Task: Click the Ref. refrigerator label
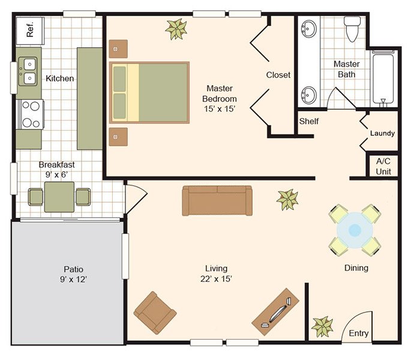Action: point(31,29)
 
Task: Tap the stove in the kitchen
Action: point(30,114)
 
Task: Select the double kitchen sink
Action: point(28,71)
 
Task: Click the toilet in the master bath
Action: point(352,29)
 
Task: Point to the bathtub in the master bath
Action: point(383,79)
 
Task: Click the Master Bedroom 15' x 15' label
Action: point(220,98)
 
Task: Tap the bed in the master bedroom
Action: point(149,92)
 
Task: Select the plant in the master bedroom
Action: point(176,29)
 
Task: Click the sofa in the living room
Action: point(217,200)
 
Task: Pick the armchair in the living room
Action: point(155,313)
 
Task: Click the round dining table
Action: point(355,230)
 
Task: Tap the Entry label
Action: point(358,334)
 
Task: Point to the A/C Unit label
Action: point(383,166)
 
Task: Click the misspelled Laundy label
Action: point(382,133)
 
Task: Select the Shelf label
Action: point(309,121)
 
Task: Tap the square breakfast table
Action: point(59,197)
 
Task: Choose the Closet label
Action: point(278,75)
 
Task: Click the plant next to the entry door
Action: point(322,327)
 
